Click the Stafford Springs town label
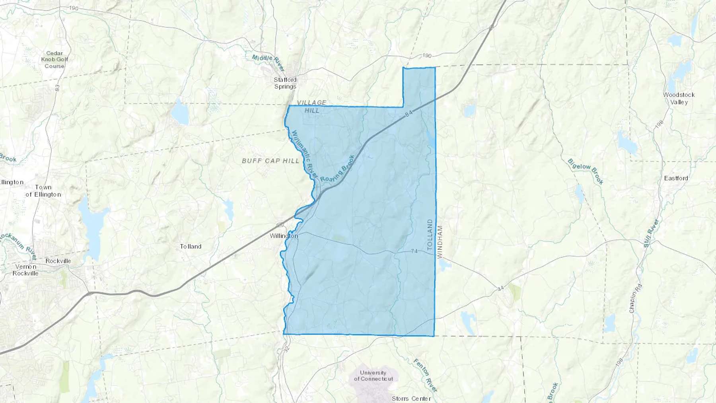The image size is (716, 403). [x=285, y=83]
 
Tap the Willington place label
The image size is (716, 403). [x=284, y=236]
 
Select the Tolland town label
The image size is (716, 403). [x=191, y=247]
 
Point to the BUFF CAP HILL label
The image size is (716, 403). [x=270, y=161]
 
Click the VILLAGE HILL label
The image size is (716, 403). [x=312, y=107]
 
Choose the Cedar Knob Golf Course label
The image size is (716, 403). [x=54, y=59]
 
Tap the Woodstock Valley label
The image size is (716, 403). [x=679, y=98]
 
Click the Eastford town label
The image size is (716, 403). [x=676, y=178]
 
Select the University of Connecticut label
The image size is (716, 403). [x=373, y=376]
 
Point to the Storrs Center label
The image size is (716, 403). [x=411, y=399]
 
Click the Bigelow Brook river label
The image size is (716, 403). [x=586, y=171]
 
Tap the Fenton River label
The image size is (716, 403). [x=425, y=375]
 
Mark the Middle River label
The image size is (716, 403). [x=268, y=62]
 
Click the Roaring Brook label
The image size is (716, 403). [x=337, y=169]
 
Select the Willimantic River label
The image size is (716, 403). [x=305, y=154]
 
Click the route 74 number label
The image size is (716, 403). [x=414, y=251]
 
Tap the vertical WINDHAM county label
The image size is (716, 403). [x=440, y=242]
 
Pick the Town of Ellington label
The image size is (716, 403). [x=43, y=191]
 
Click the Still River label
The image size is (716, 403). [x=651, y=233]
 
